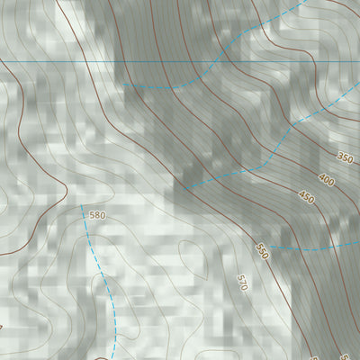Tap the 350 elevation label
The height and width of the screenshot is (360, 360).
(x=346, y=158)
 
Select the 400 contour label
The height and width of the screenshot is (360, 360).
(x=326, y=181)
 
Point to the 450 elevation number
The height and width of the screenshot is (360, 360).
(x=307, y=198)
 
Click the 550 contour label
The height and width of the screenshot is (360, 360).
(x=262, y=249)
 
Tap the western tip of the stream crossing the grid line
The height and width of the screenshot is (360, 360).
(x=125, y=85)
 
